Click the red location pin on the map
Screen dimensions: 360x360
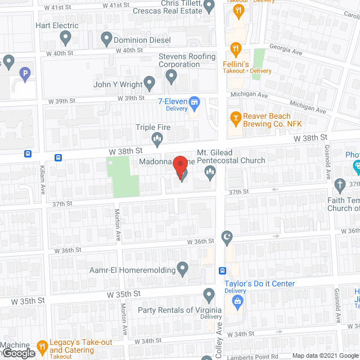tap(179, 165)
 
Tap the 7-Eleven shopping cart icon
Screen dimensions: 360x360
tap(195, 102)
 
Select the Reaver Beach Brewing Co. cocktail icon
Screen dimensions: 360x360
tap(236, 118)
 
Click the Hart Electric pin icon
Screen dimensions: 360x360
tap(65, 38)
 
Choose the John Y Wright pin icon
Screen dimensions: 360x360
tap(150, 84)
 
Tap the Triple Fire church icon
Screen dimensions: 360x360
tap(157, 138)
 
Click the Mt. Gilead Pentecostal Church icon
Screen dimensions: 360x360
tap(210, 175)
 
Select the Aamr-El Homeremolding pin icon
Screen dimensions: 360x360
tap(182, 269)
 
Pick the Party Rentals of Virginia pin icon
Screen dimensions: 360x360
tap(209, 294)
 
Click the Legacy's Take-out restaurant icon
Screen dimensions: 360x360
tap(42, 347)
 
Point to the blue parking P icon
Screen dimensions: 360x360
tap(24, 73)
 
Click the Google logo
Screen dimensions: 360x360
tap(18, 353)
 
